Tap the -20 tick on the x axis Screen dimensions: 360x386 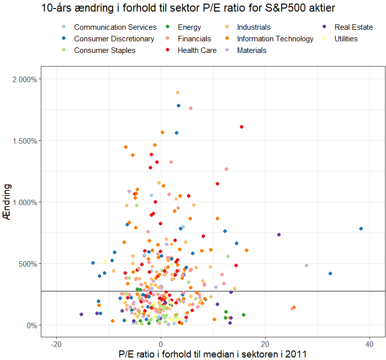coord(56,344)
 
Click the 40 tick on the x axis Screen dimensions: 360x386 coord(369,344)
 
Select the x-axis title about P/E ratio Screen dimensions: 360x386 coord(213,354)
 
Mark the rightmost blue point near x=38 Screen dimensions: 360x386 coord(361,228)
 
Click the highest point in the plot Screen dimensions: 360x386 coord(177,93)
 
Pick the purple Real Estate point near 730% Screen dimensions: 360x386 coord(279,235)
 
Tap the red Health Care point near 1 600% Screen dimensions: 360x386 coord(242,127)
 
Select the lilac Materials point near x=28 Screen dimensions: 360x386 coord(306,265)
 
